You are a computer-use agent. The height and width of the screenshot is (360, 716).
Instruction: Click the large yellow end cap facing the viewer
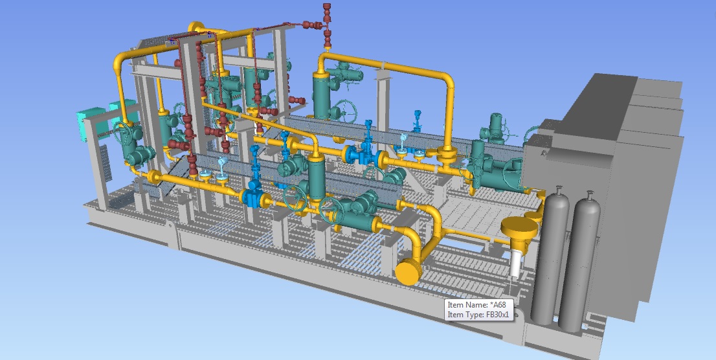tap(408, 272)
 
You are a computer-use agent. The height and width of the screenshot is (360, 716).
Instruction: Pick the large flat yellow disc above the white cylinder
tap(520, 226)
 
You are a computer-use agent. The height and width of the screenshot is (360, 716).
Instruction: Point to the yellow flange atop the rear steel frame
tap(197, 27)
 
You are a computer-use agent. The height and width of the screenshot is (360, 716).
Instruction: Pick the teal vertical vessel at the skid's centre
tap(316, 178)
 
